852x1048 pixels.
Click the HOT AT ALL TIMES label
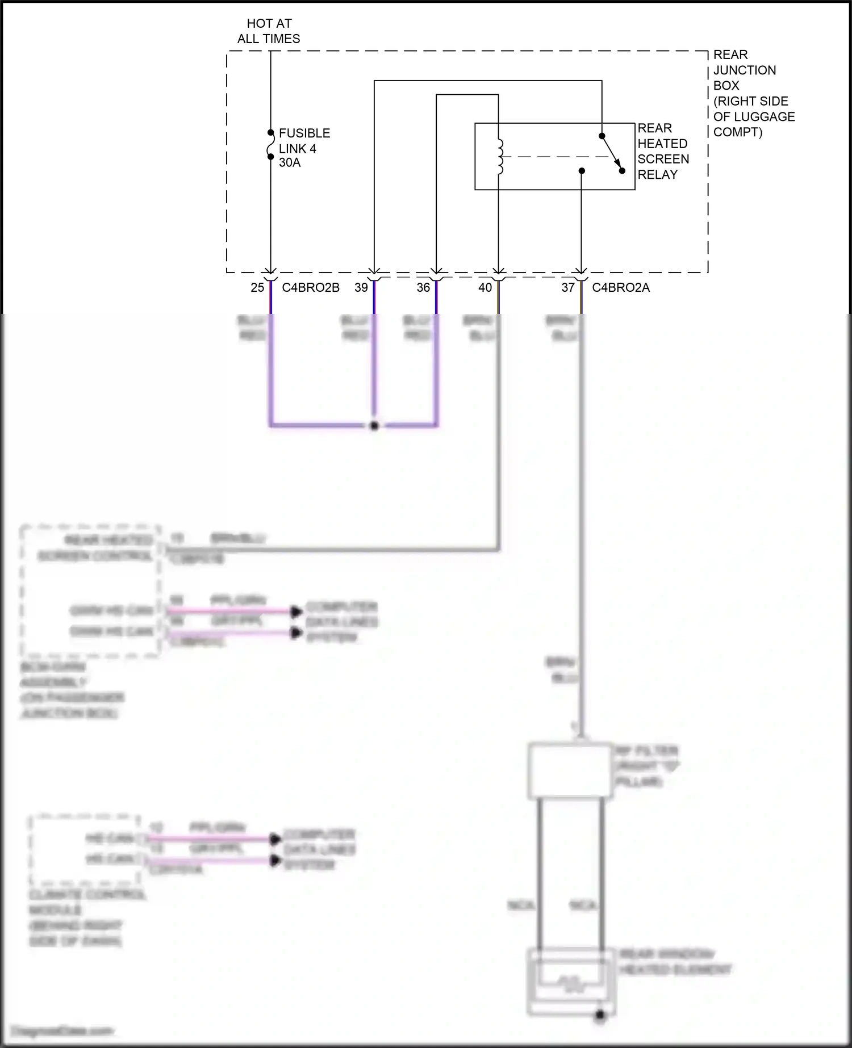[x=269, y=31]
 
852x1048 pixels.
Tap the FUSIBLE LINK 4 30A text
[x=304, y=148]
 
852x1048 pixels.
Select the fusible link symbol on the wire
[x=271, y=145]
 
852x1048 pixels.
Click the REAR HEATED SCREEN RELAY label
[x=663, y=151]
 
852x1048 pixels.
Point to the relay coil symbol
[x=500, y=157]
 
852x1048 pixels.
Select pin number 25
[x=257, y=288]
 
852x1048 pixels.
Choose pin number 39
[x=361, y=288]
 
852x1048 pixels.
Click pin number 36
[x=423, y=288]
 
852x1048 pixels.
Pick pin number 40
[x=485, y=288]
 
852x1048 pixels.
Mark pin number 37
[x=568, y=288]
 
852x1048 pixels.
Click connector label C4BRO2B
[x=311, y=288]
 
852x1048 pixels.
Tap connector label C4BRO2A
[x=621, y=288]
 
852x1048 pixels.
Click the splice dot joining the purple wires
[x=374, y=426]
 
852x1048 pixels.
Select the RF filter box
[x=570, y=770]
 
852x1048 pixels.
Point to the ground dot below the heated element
[x=600, y=1016]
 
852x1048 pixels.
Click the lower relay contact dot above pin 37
[x=582, y=171]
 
